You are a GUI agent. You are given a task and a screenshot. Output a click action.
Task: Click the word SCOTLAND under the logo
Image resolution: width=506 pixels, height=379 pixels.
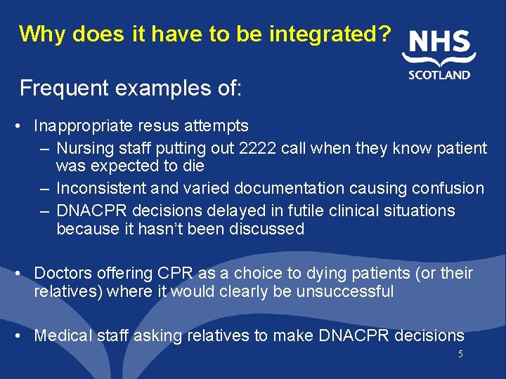click(x=439, y=75)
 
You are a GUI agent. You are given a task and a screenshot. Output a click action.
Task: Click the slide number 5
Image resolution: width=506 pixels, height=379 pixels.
click(x=460, y=354)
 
